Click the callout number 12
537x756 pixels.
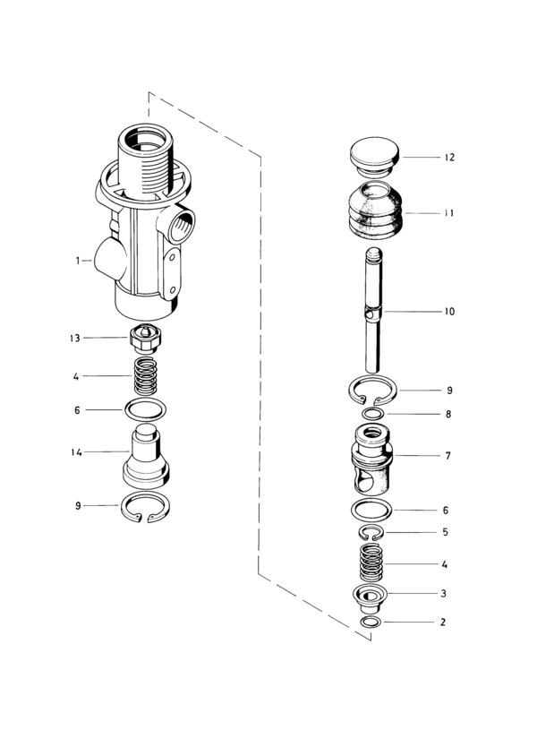click(449, 157)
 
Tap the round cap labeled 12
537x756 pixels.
click(375, 156)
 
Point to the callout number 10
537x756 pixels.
click(449, 312)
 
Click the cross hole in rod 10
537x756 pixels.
click(370, 314)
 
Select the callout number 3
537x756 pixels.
click(444, 594)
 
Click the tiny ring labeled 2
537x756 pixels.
click(371, 622)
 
